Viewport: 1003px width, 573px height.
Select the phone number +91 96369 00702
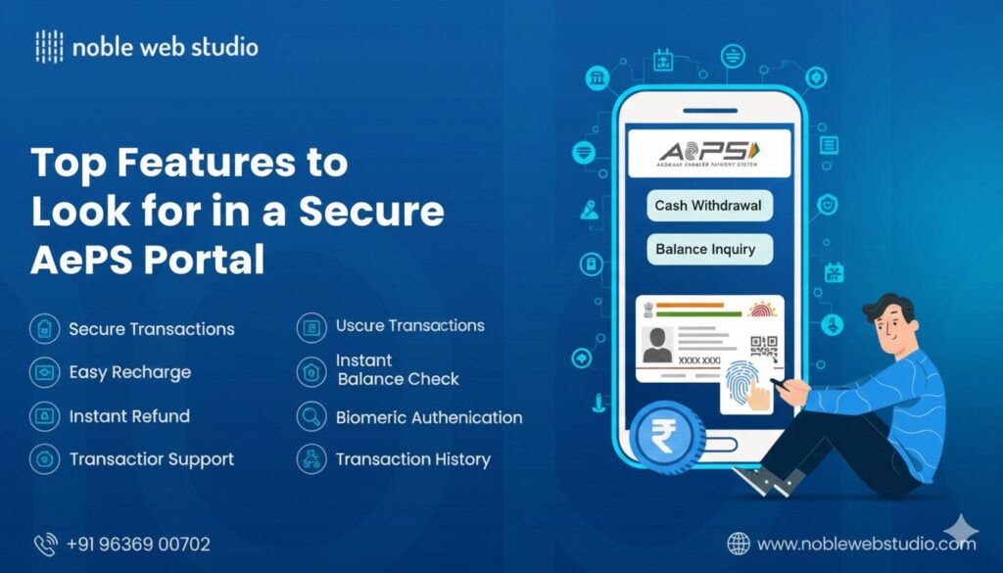pos(138,544)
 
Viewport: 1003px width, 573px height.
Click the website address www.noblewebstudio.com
pos(867,544)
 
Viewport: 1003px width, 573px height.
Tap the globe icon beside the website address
pos(739,544)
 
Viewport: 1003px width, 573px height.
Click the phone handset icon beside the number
pos(46,544)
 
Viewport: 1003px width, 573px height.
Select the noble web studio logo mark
pos(49,46)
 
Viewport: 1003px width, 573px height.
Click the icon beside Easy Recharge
pos(44,372)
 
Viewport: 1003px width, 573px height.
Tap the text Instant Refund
pos(129,416)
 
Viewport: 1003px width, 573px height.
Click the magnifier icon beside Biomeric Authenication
pos(310,416)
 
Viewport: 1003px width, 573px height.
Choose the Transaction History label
pos(412,459)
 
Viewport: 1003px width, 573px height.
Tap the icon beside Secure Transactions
pos(44,328)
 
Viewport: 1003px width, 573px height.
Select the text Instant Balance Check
pos(397,369)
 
